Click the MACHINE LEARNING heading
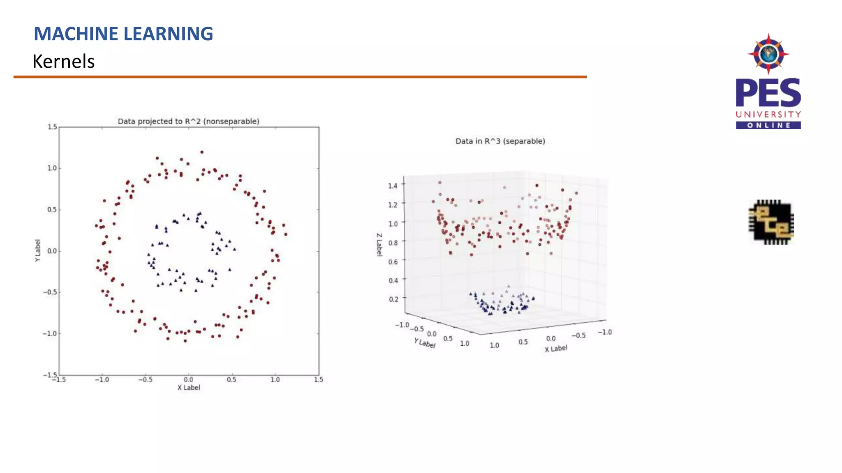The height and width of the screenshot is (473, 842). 123,34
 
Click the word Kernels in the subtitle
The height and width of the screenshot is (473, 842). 64,62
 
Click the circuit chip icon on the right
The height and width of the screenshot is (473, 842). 771,222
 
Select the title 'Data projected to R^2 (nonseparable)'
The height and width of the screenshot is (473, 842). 188,121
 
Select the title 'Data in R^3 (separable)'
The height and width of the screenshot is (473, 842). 500,141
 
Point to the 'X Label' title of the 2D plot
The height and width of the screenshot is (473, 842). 189,388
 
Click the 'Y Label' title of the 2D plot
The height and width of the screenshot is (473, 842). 37,250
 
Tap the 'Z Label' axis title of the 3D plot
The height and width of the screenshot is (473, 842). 379,245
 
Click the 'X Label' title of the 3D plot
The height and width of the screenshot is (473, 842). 556,349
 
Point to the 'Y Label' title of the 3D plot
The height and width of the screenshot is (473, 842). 425,343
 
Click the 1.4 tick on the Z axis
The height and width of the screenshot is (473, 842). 393,186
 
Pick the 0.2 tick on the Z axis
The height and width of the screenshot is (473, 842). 393,299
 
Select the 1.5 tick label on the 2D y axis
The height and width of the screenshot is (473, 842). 52,127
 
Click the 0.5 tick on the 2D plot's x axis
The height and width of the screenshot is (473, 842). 231,380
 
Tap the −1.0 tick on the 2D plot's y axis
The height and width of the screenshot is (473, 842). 50,333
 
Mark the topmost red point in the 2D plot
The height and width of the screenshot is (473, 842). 202,152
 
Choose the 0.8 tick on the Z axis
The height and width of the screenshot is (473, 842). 393,243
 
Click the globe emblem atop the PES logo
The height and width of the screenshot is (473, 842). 768,54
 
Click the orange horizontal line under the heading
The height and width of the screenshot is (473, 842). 300,77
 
